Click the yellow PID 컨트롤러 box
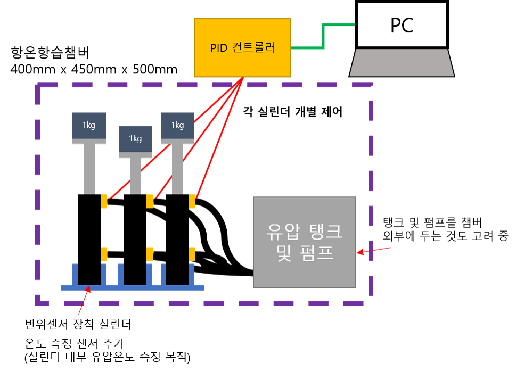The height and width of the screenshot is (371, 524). click(243, 48)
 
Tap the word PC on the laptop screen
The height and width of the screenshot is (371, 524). click(402, 25)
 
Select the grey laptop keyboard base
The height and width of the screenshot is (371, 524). click(402, 63)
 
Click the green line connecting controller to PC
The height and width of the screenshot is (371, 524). click(323, 36)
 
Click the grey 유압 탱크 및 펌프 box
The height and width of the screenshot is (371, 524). click(305, 242)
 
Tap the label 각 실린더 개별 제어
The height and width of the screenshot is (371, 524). click(293, 112)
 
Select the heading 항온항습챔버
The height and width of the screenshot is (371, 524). click(50, 52)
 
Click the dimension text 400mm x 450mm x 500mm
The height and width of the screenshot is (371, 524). click(94, 69)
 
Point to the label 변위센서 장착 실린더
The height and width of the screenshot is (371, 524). click(78, 324)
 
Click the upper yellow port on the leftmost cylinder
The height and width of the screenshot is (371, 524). click(104, 201)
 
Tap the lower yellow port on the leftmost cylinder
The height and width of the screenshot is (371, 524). click(104, 254)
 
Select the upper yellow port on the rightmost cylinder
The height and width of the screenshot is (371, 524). click(192, 201)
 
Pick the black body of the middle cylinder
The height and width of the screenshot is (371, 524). click(135, 240)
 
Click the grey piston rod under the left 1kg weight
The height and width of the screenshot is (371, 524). click(89, 169)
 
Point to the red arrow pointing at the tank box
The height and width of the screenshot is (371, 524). click(374, 250)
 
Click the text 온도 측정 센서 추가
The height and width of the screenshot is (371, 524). click(75, 343)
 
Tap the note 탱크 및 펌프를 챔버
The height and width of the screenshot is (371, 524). click(432, 222)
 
